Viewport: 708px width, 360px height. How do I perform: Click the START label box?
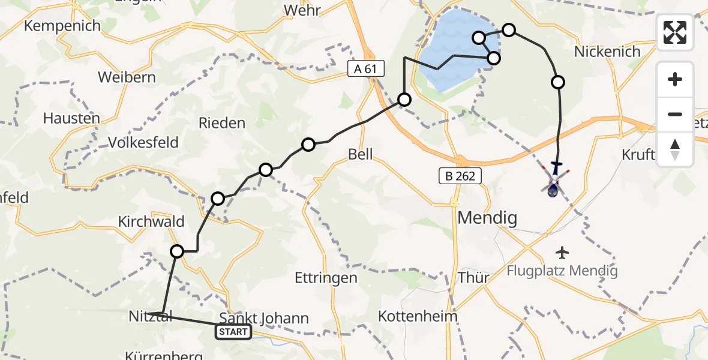point(233,332)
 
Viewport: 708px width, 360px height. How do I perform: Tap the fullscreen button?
point(675,32)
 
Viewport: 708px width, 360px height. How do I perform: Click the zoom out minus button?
point(675,114)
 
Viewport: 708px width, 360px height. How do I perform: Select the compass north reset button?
point(675,149)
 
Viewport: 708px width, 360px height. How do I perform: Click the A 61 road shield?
point(365,69)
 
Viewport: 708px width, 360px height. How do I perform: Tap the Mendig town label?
point(487,218)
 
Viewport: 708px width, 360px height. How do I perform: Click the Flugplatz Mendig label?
point(562,271)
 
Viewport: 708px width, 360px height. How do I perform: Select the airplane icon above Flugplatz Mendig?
point(562,252)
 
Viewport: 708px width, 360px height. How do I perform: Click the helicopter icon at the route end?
point(554,180)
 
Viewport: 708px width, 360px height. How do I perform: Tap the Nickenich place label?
point(607,52)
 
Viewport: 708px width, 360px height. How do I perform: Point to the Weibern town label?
point(127,77)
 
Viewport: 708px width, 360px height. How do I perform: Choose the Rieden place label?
point(223,123)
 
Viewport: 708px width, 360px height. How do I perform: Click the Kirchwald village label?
point(151,221)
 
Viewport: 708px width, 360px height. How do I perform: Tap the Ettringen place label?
point(326,278)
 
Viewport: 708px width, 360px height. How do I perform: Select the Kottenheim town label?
point(418,316)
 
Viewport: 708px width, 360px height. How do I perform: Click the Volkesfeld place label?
point(143,142)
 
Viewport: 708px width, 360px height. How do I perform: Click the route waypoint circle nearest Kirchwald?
point(177,251)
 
